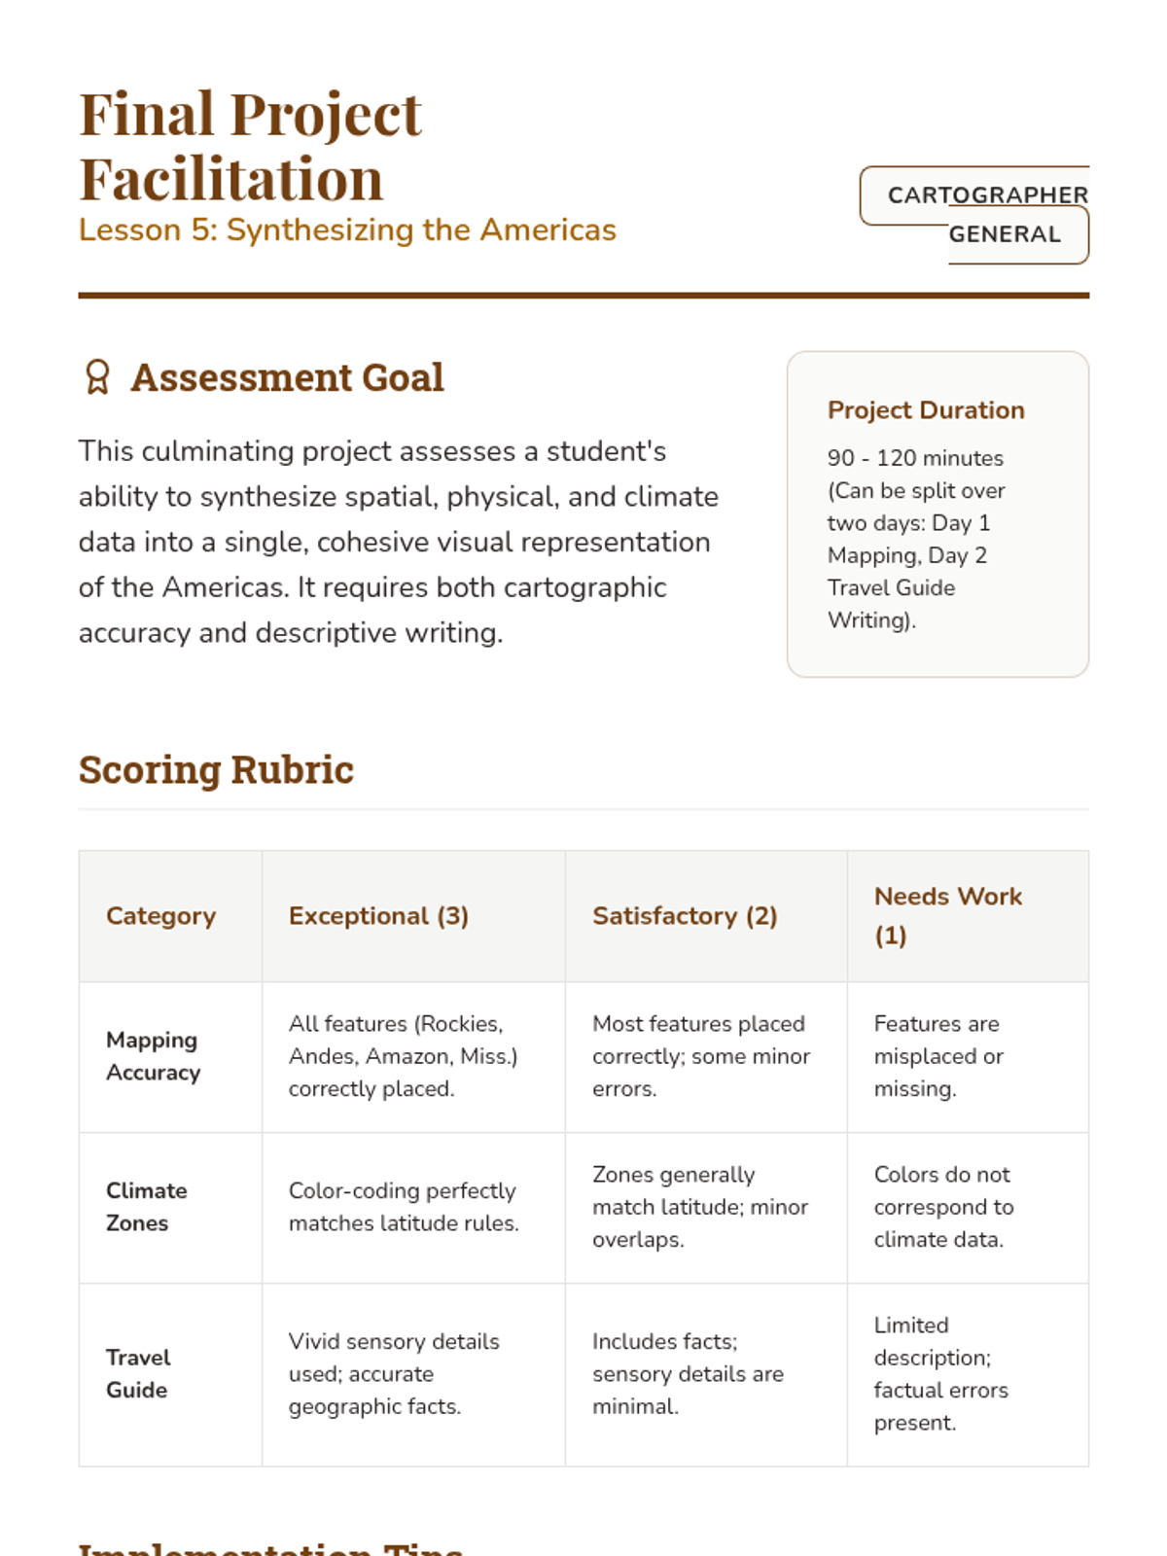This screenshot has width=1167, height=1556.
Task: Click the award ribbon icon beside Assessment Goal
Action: tap(97, 377)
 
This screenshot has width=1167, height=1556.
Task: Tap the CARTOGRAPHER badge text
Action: tap(987, 195)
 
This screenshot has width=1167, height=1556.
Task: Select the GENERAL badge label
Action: tap(1005, 234)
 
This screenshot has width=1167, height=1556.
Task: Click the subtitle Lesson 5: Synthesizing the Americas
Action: tap(347, 230)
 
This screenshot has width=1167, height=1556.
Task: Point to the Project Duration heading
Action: tap(926, 410)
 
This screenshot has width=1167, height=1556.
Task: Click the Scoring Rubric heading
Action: tap(216, 769)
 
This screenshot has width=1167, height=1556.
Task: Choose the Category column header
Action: tap(161, 916)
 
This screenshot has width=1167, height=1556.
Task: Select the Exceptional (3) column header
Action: tap(378, 916)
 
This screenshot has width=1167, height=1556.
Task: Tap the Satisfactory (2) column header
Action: tap(685, 916)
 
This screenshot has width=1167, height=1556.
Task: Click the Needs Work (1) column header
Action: tap(947, 916)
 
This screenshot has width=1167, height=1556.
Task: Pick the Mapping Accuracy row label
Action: tap(153, 1056)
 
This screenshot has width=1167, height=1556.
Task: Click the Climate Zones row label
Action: tap(146, 1207)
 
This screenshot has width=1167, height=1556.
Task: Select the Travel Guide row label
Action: tap(138, 1373)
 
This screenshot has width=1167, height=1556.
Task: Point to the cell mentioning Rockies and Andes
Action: tap(403, 1056)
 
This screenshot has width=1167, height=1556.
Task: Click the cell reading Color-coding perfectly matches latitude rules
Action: tap(404, 1207)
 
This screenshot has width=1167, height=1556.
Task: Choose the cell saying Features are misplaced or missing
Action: tap(937, 1056)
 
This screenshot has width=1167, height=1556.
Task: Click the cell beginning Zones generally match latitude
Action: tap(700, 1207)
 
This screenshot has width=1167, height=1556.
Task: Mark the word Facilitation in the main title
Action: tap(231, 179)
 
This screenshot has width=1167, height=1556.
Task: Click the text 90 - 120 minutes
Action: tap(915, 458)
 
